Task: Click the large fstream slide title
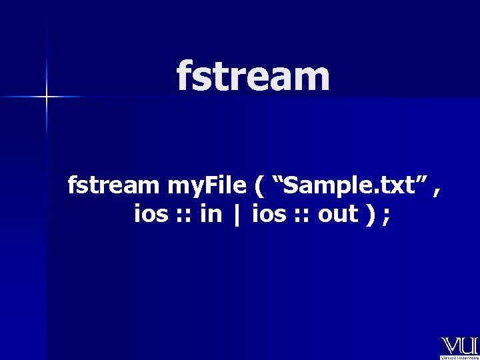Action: tap(253, 76)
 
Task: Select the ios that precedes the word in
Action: tap(151, 215)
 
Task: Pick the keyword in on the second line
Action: tap(211, 215)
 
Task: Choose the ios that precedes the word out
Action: tap(267, 215)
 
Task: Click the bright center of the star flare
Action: tap(47, 97)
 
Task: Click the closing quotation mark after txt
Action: tap(420, 181)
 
